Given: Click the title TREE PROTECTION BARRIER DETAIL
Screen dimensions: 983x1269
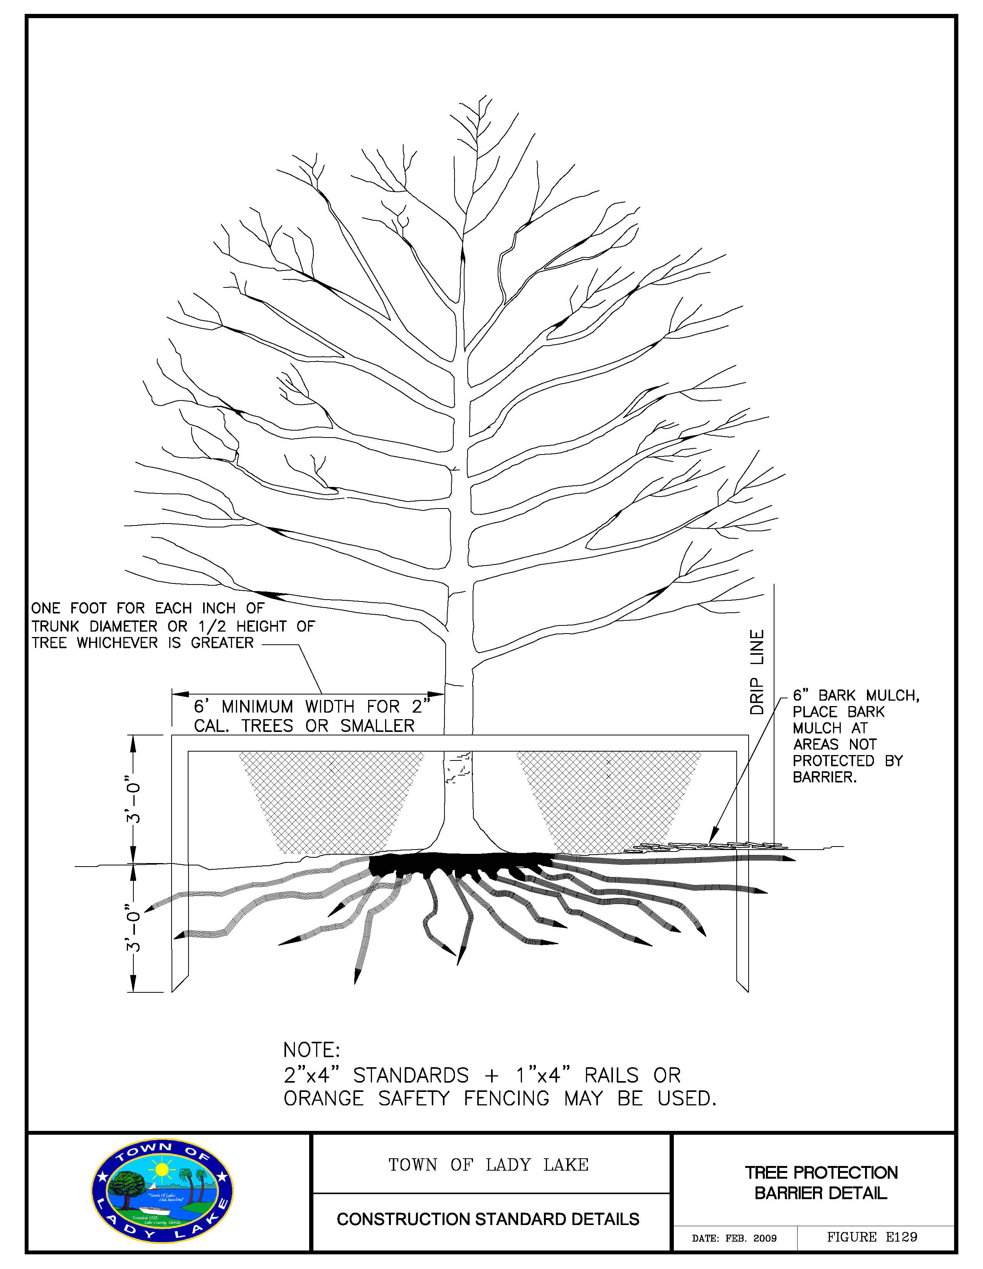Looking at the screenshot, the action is tap(821, 1183).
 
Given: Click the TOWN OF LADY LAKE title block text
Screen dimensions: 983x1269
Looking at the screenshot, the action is tap(488, 1165).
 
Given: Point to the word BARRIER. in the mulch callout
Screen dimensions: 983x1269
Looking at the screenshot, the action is tap(825, 777).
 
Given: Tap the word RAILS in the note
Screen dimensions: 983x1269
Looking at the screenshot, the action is tap(611, 1076).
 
